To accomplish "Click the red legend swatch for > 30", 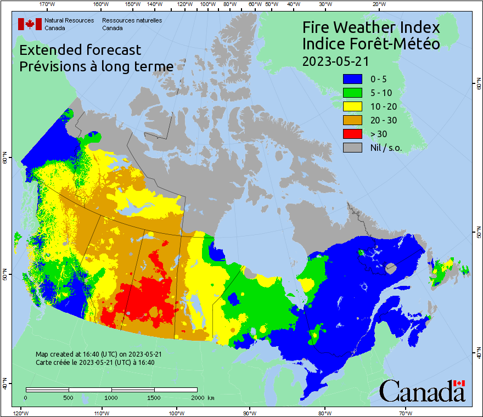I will (352, 133).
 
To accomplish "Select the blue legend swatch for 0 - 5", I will (352, 78).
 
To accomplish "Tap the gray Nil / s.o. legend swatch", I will (352, 147).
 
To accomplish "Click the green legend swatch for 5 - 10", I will (352, 92).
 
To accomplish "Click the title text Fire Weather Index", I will (371, 27).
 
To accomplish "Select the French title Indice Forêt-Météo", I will (371, 44).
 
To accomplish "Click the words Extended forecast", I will (80, 50).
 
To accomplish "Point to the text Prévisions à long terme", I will (96, 66).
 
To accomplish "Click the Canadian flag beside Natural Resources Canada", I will (30, 24).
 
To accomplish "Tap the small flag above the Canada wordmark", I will (459, 383).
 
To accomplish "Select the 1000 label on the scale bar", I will (111, 397).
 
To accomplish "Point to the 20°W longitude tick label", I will (378, 4).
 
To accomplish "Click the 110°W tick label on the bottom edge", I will (100, 413).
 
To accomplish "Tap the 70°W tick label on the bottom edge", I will (405, 413).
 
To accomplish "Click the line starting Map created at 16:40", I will (98, 354).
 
